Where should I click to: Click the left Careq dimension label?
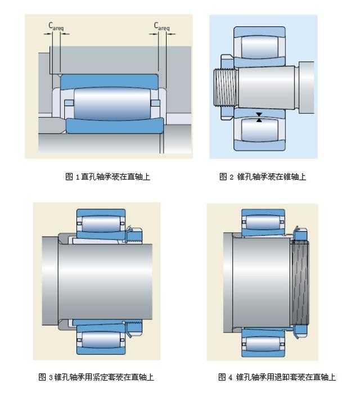55,26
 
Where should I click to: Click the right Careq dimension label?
161,26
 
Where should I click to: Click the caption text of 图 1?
108,177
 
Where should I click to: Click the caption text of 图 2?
263,177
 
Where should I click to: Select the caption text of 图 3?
96,377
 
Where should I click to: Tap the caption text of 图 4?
277,377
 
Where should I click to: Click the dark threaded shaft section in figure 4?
300,281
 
